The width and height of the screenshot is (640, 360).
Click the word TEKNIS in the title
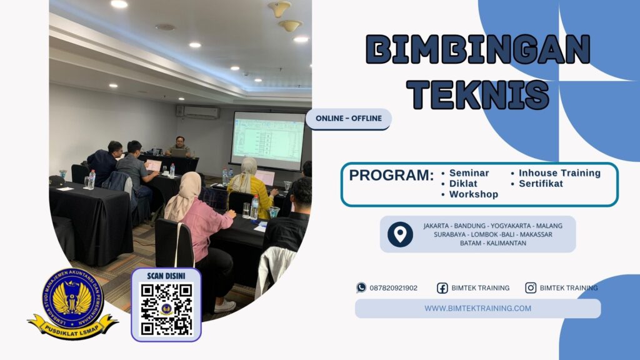click(x=477, y=95)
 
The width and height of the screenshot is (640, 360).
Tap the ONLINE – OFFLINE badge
click(x=348, y=119)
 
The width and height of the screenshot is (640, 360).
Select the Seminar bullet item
click(x=469, y=173)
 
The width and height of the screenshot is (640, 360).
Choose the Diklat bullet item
click(x=464, y=184)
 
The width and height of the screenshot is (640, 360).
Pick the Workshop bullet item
click(x=473, y=194)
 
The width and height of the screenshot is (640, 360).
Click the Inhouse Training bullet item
click(x=559, y=173)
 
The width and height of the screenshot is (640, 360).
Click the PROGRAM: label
click(x=391, y=176)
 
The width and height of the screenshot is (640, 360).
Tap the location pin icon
click(x=400, y=234)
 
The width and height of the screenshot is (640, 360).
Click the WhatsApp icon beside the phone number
click(x=361, y=288)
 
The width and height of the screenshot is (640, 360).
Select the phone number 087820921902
click(x=394, y=288)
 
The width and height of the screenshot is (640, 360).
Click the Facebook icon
click(x=442, y=288)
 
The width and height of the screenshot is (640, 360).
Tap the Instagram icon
click(x=531, y=288)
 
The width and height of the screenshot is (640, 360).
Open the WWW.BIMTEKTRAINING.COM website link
click(x=477, y=308)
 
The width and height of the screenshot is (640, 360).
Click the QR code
click(x=166, y=309)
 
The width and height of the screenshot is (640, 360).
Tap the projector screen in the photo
click(x=267, y=140)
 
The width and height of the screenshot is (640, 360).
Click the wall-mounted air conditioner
click(x=198, y=112)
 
